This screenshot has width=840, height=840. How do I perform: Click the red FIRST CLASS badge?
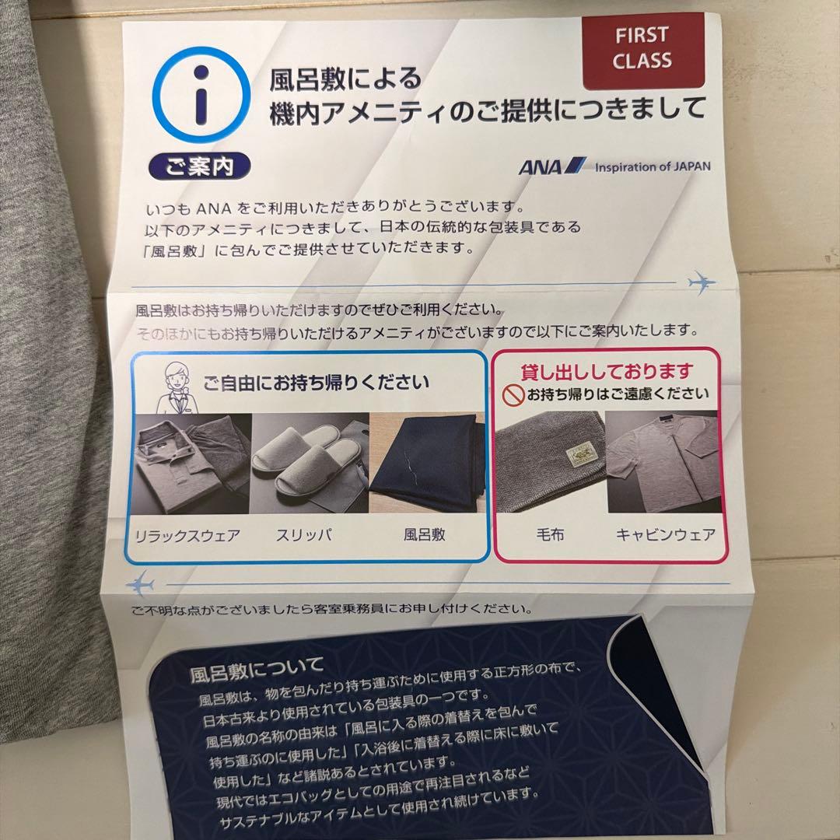642,49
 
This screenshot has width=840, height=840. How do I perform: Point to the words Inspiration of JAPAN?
652,166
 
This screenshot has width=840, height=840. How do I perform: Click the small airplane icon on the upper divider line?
702,281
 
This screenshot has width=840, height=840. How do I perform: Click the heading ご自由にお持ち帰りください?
316,383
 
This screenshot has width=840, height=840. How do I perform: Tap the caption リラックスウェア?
187,535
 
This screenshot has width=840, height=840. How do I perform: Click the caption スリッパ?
304,535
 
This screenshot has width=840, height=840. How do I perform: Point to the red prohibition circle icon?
513,396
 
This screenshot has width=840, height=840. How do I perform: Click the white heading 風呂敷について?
256,667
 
